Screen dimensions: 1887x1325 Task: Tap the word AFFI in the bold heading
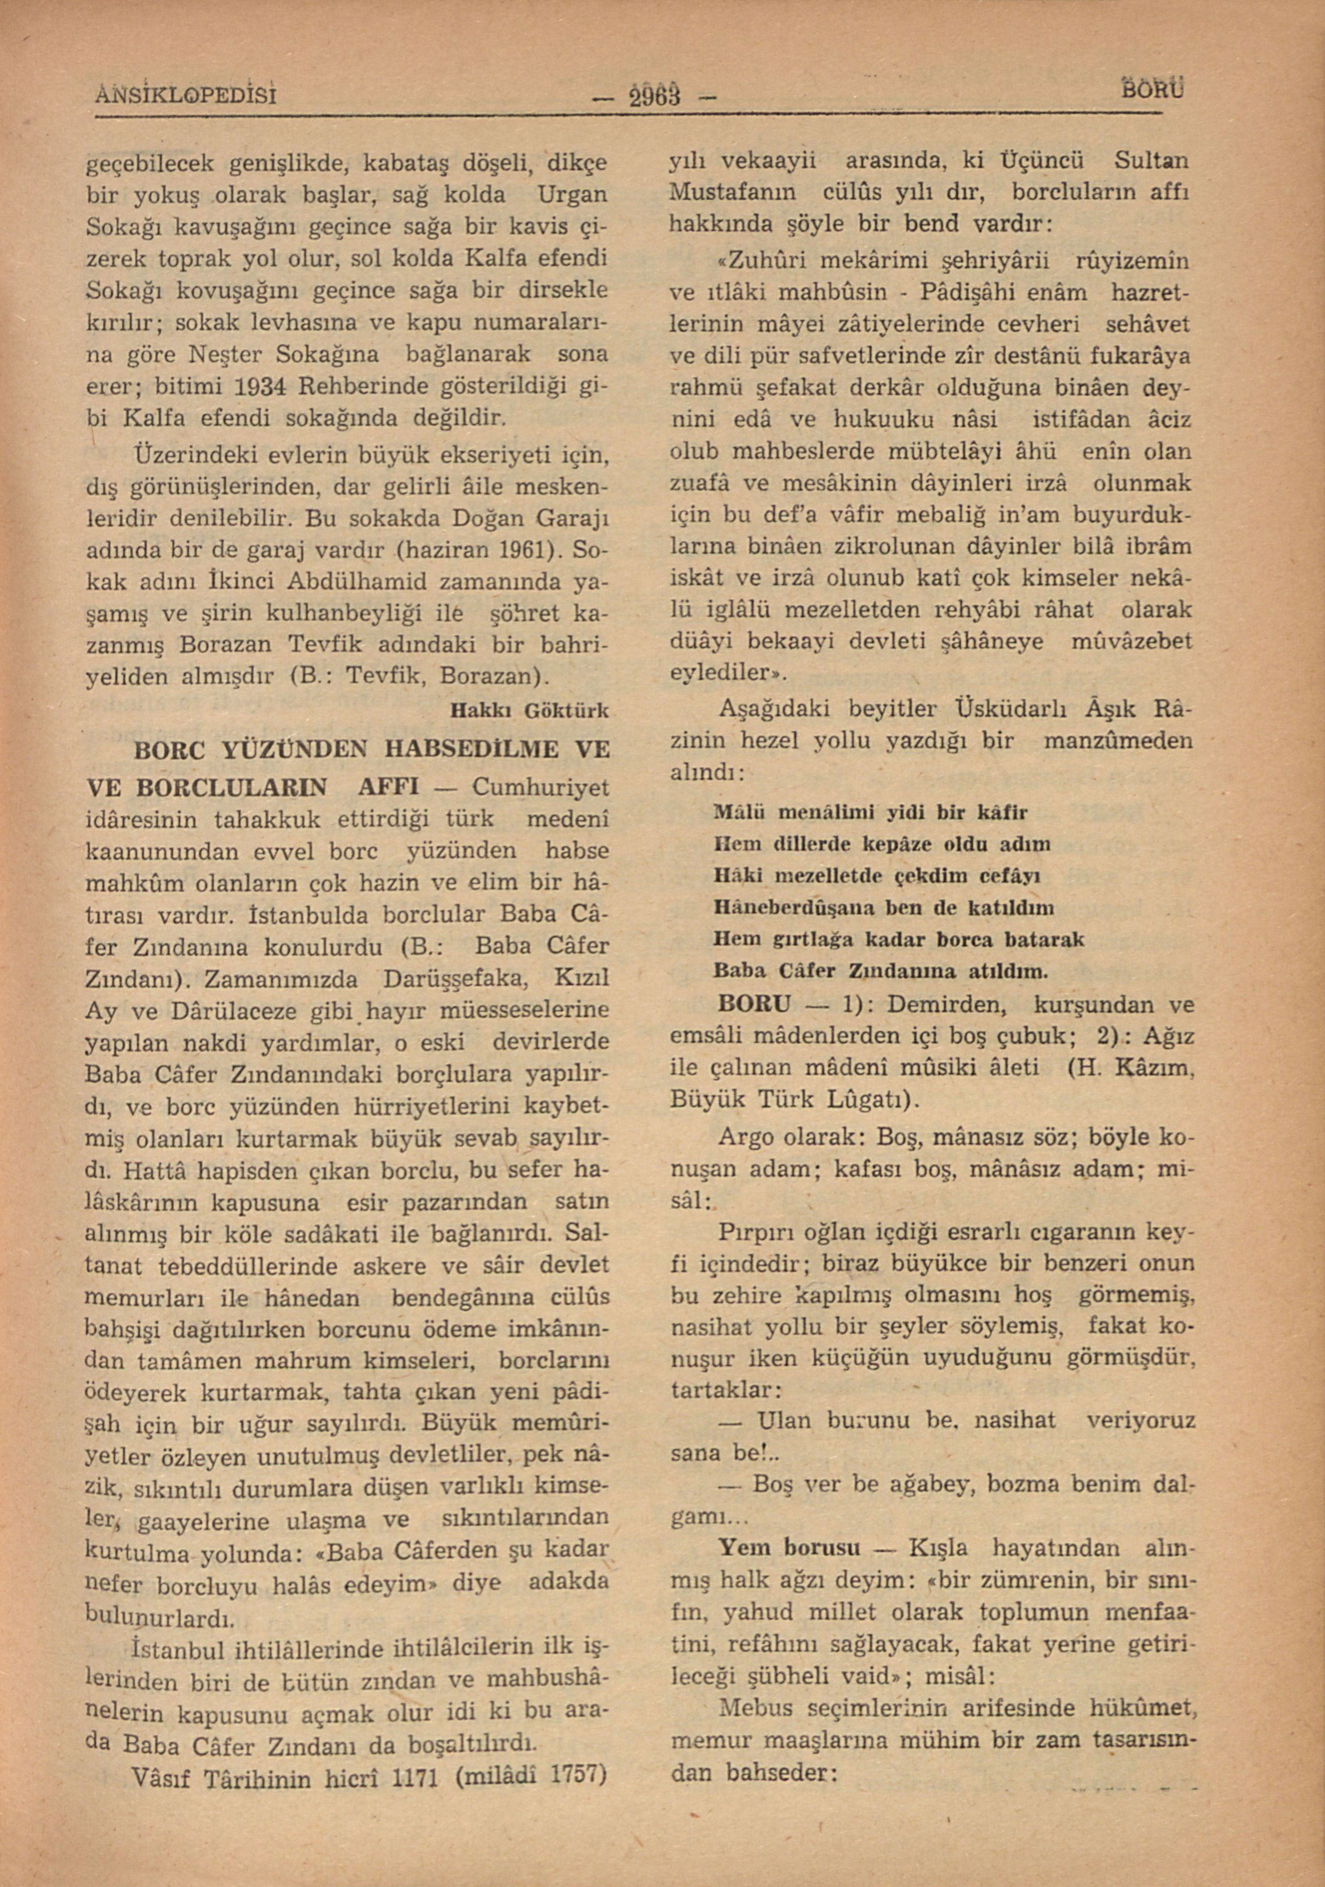[390, 787]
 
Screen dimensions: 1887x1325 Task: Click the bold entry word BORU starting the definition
[754, 1004]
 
